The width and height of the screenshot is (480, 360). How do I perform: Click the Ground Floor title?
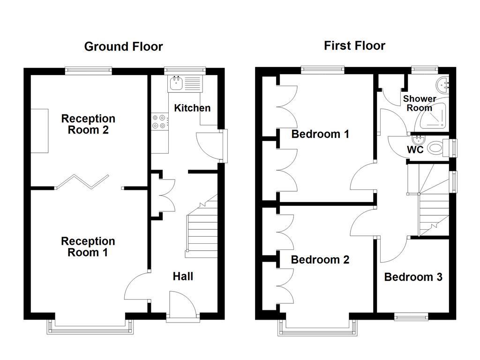pos(123,46)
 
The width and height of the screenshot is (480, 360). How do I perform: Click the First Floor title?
pos(354,45)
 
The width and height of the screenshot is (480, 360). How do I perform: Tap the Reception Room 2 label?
pos(88,124)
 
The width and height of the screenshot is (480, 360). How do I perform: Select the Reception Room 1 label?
pos(88,247)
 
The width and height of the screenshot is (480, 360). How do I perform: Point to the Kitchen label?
pos(192,108)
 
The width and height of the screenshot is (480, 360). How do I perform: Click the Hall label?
pos(183,277)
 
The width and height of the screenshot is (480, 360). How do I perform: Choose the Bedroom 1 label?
pos(320,135)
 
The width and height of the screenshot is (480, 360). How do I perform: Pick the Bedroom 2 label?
pos(320,260)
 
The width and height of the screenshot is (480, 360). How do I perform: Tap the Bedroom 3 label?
pos(413,277)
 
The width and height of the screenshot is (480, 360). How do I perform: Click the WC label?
pos(415,150)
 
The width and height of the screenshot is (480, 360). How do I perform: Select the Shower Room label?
pos(420,103)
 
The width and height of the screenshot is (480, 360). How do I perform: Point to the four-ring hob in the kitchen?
pos(159,121)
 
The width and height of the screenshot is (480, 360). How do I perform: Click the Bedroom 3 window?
pos(411,317)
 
